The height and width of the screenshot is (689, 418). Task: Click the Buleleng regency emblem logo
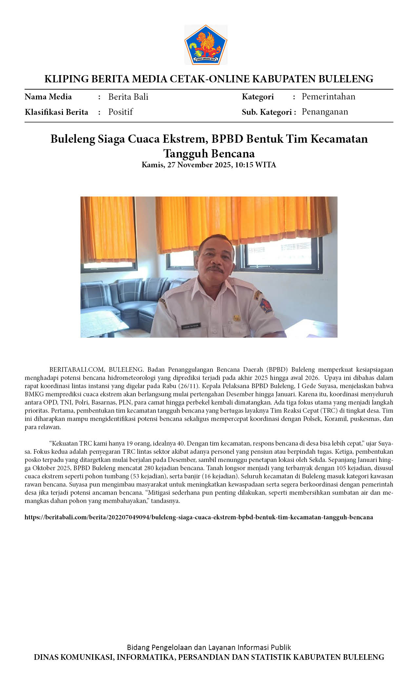[x=206, y=45]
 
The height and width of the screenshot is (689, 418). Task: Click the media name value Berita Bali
[x=128, y=97]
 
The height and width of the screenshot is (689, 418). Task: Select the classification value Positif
[x=120, y=112]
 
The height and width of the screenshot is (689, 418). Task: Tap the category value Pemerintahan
[x=328, y=96]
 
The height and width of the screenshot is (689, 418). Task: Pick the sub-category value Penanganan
[x=325, y=112]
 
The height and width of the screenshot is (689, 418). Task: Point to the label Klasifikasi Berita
[x=56, y=112]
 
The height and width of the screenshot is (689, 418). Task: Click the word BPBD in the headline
[x=227, y=139]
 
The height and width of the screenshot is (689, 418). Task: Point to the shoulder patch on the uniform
[x=266, y=304]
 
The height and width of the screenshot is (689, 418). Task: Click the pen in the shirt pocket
[x=229, y=327]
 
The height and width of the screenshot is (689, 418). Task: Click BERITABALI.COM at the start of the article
[x=77, y=369]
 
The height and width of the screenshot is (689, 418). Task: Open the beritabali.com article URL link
[x=199, y=517]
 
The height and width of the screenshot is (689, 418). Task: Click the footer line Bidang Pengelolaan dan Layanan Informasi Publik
[x=209, y=647]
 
